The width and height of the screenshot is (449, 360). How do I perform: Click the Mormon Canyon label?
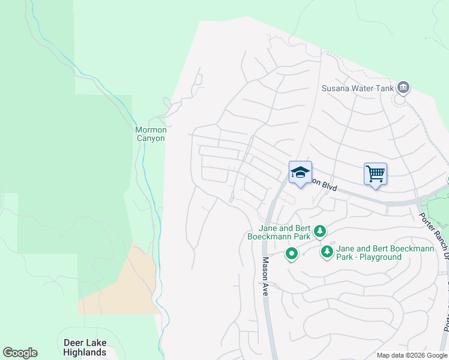[x=150, y=133]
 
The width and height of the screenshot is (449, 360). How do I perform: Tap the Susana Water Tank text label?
[x=357, y=88]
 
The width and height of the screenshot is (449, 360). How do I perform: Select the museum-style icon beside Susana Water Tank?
[x=403, y=88]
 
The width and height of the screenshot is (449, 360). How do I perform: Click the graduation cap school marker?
[x=300, y=173]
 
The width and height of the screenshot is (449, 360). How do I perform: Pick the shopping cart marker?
[x=375, y=174]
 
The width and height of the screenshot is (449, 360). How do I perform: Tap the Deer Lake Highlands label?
[x=85, y=347]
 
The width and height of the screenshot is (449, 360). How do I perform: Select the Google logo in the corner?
[x=20, y=353]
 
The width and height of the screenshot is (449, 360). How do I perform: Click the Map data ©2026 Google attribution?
[x=412, y=355]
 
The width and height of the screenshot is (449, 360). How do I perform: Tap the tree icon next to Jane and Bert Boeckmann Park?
[x=321, y=231]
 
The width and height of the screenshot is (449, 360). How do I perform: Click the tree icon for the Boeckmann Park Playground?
[x=327, y=252]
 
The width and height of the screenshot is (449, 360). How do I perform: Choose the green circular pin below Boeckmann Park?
[x=292, y=254]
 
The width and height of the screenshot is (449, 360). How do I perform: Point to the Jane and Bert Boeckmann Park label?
[x=283, y=232]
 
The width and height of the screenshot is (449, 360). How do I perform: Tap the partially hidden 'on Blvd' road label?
[x=324, y=185]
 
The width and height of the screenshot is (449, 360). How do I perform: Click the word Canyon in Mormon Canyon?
[x=150, y=138]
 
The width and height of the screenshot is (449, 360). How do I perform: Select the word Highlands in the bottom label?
[x=85, y=352]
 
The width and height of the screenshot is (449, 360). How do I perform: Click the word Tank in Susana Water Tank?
[x=385, y=88]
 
